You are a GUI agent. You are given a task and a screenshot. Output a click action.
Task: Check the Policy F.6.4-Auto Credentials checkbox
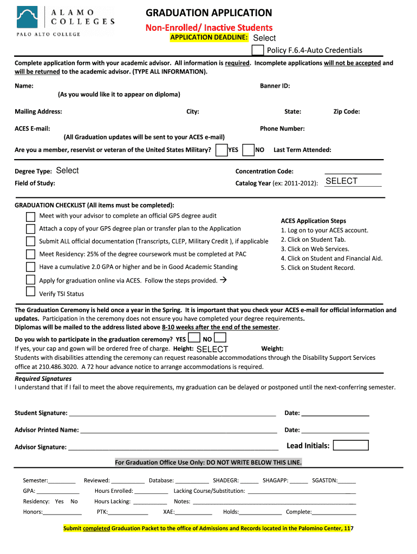click(258, 50)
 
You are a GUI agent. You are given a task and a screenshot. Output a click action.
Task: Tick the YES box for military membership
click(221, 150)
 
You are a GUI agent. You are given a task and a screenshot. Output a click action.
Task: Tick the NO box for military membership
click(249, 150)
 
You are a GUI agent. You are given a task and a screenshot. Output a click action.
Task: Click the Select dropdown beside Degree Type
click(68, 170)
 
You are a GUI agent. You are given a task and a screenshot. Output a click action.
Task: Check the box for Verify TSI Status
click(31, 292)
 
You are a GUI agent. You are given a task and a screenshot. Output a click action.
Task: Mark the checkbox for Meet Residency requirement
click(31, 254)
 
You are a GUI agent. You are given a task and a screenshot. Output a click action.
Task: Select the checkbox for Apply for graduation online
click(31, 280)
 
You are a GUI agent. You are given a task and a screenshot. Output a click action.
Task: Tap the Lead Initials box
click(350, 445)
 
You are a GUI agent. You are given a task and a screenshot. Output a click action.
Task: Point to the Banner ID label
click(275, 85)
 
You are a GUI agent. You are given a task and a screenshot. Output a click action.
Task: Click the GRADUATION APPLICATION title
click(209, 13)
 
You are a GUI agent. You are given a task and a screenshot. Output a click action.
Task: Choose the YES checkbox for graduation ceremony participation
click(193, 338)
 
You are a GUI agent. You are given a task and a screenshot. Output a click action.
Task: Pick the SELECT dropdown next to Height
click(212, 349)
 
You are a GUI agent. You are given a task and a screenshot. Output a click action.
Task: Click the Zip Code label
click(347, 111)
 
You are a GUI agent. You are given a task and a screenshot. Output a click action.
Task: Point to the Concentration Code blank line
click(353, 172)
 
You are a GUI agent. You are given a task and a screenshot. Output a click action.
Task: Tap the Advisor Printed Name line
click(178, 431)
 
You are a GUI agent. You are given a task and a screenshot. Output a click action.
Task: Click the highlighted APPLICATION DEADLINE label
click(209, 37)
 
